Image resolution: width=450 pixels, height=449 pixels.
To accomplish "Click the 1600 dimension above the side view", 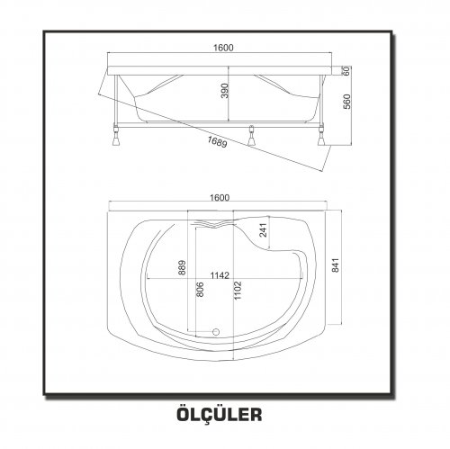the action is click(x=223, y=48).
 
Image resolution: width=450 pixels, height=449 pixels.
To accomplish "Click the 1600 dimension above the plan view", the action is click(x=220, y=198).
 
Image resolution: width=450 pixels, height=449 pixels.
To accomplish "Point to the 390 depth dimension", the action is click(x=225, y=91).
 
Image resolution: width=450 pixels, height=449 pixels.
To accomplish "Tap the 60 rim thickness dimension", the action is click(x=346, y=71).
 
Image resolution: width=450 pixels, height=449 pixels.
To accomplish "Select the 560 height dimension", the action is click(x=346, y=102).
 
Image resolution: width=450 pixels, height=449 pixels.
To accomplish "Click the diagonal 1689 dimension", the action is click(x=217, y=141).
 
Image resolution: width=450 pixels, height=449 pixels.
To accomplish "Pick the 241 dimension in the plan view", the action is click(x=263, y=230).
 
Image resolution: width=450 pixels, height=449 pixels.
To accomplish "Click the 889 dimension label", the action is click(x=182, y=267).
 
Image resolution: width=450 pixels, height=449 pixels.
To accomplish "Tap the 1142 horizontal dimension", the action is click(x=220, y=275).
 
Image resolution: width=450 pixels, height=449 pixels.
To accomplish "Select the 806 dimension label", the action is click(x=200, y=289).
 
